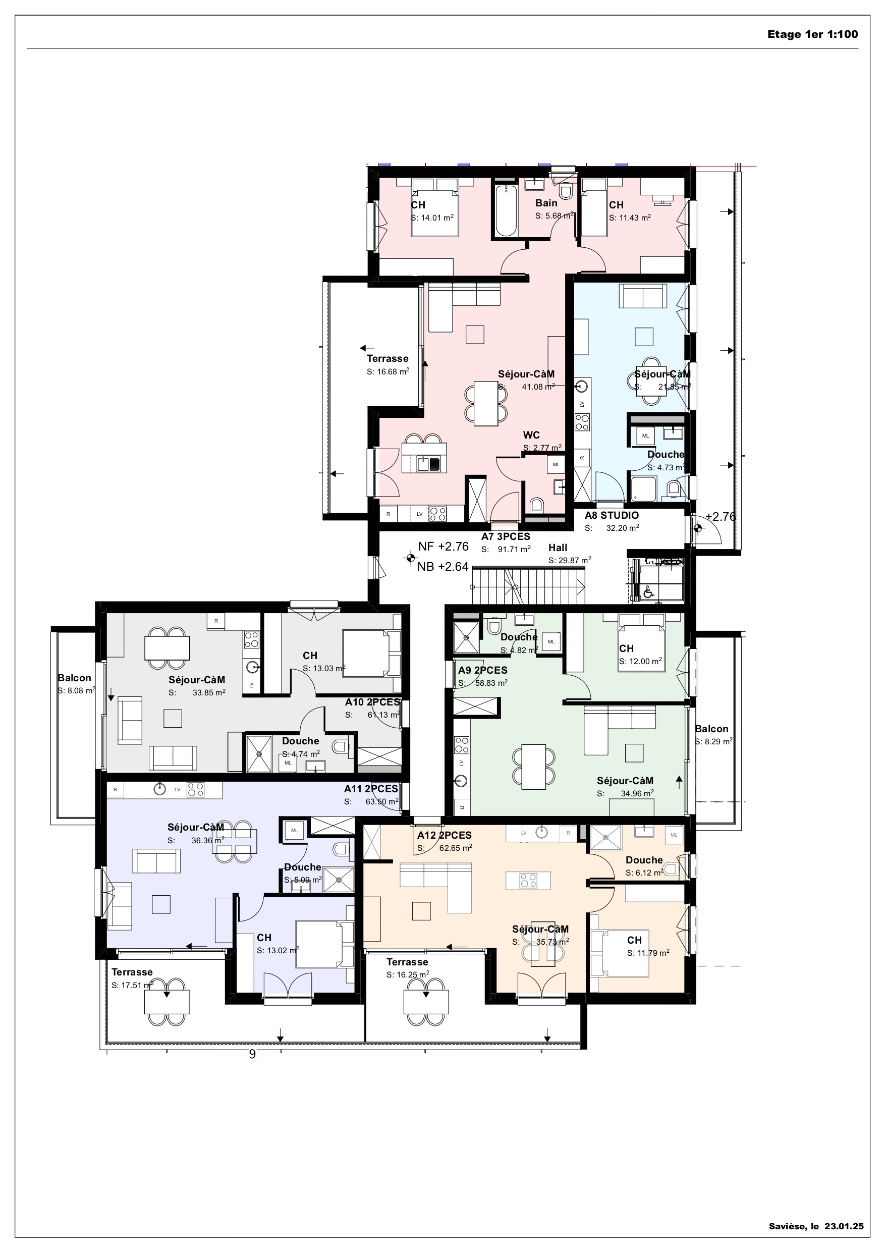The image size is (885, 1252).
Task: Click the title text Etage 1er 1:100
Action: tap(812, 34)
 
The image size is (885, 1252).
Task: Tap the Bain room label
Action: tap(546, 203)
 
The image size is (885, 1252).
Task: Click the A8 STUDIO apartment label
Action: tap(611, 515)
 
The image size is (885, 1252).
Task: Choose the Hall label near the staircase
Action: tap(558, 548)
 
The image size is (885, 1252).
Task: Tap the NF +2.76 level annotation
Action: tap(444, 547)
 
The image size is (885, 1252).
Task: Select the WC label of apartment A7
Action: tap(531, 435)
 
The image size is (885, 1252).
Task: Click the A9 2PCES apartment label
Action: tap(482, 671)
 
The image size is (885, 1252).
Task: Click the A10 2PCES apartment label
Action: tap(372, 702)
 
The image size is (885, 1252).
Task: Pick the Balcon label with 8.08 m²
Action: tap(75, 678)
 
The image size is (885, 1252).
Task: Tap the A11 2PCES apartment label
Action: tap(371, 789)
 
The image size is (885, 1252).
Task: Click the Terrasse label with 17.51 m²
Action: tap(132, 972)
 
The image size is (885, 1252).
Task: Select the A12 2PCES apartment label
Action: tap(445, 835)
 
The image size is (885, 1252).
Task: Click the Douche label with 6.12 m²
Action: tap(644, 860)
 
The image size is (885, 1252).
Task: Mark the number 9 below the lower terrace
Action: tap(252, 1054)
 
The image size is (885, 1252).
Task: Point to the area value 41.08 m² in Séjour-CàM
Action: tap(538, 387)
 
